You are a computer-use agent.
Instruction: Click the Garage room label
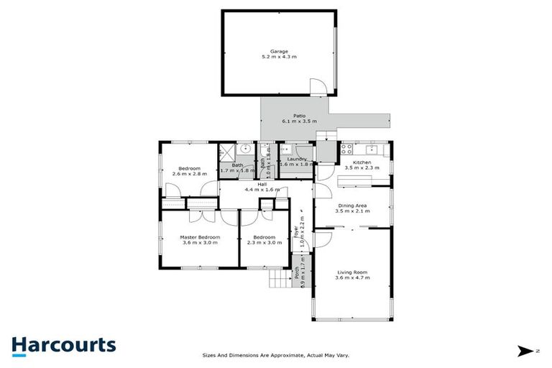point(279,52)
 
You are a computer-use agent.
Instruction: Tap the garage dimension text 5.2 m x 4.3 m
point(279,58)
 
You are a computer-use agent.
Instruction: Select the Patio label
point(299,116)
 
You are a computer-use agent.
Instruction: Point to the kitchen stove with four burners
point(346,150)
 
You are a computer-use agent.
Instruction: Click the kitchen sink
point(372,149)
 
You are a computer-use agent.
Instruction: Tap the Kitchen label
point(362,163)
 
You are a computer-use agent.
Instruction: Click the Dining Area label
point(353,206)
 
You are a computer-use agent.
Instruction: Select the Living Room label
point(352,272)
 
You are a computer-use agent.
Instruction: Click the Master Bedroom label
point(200,236)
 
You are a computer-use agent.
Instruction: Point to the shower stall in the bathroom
point(227,152)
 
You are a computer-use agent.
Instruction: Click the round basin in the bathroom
point(246,149)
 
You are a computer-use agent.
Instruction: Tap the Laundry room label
point(297,160)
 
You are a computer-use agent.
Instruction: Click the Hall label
point(262,184)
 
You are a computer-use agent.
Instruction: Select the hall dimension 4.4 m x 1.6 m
point(262,190)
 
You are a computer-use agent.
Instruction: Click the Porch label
point(297,274)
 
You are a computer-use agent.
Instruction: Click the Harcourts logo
point(63,345)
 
